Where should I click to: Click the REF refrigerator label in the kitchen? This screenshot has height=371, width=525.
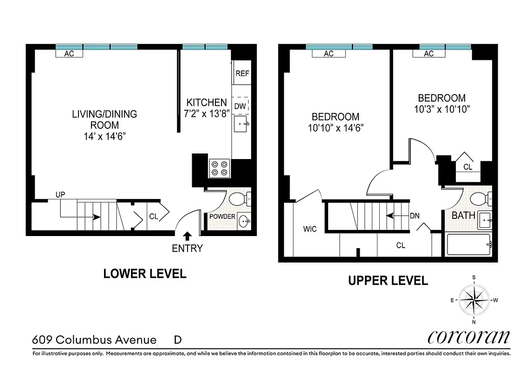coord(241,73)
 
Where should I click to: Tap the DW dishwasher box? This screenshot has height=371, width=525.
coord(240,106)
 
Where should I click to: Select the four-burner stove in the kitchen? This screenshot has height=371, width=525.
coord(219,168)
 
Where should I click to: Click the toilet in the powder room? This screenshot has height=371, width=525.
coord(240,198)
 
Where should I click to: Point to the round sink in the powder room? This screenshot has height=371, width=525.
coord(243,222)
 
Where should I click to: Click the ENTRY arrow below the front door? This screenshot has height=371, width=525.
coord(187,236)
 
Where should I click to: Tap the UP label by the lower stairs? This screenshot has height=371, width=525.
coord(60,195)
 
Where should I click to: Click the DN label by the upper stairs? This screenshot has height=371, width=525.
coord(415,215)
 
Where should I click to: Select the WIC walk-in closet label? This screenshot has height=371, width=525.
coord(310,229)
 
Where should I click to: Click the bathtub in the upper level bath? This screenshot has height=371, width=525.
coord(469,244)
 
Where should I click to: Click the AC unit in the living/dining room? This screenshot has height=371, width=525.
coord(69,54)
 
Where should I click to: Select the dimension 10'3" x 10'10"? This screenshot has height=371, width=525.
coord(441,109)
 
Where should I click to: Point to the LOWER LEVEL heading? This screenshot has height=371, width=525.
coord(144,274)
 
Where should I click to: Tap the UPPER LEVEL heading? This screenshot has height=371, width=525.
coord(388,280)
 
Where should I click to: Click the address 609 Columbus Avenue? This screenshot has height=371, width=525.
coord(94,340)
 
